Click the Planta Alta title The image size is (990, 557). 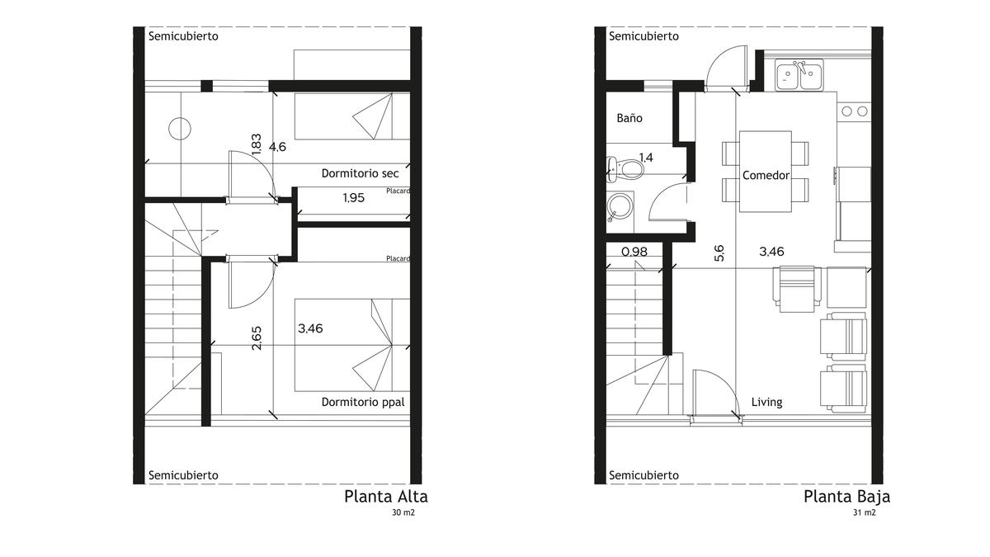[x=386, y=497]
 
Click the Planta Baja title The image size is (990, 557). [x=846, y=497]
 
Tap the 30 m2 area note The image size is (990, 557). [x=403, y=512]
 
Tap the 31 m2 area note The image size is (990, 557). [x=864, y=512]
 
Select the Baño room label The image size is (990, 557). [x=629, y=118]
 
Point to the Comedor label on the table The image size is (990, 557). [x=766, y=176]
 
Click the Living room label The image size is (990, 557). [x=766, y=403]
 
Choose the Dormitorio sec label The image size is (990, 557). [x=360, y=173]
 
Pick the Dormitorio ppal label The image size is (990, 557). [x=363, y=403]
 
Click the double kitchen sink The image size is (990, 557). [x=799, y=75]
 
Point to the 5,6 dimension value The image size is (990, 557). [x=719, y=253]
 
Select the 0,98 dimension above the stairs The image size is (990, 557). [x=634, y=252]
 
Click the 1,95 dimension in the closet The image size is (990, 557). [x=354, y=197]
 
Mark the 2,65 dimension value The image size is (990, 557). [x=257, y=338]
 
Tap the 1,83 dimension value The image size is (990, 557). [x=257, y=144]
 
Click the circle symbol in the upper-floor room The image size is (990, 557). [x=180, y=129]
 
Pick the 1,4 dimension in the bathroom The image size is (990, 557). [x=646, y=158]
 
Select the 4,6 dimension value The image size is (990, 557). [x=277, y=147]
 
